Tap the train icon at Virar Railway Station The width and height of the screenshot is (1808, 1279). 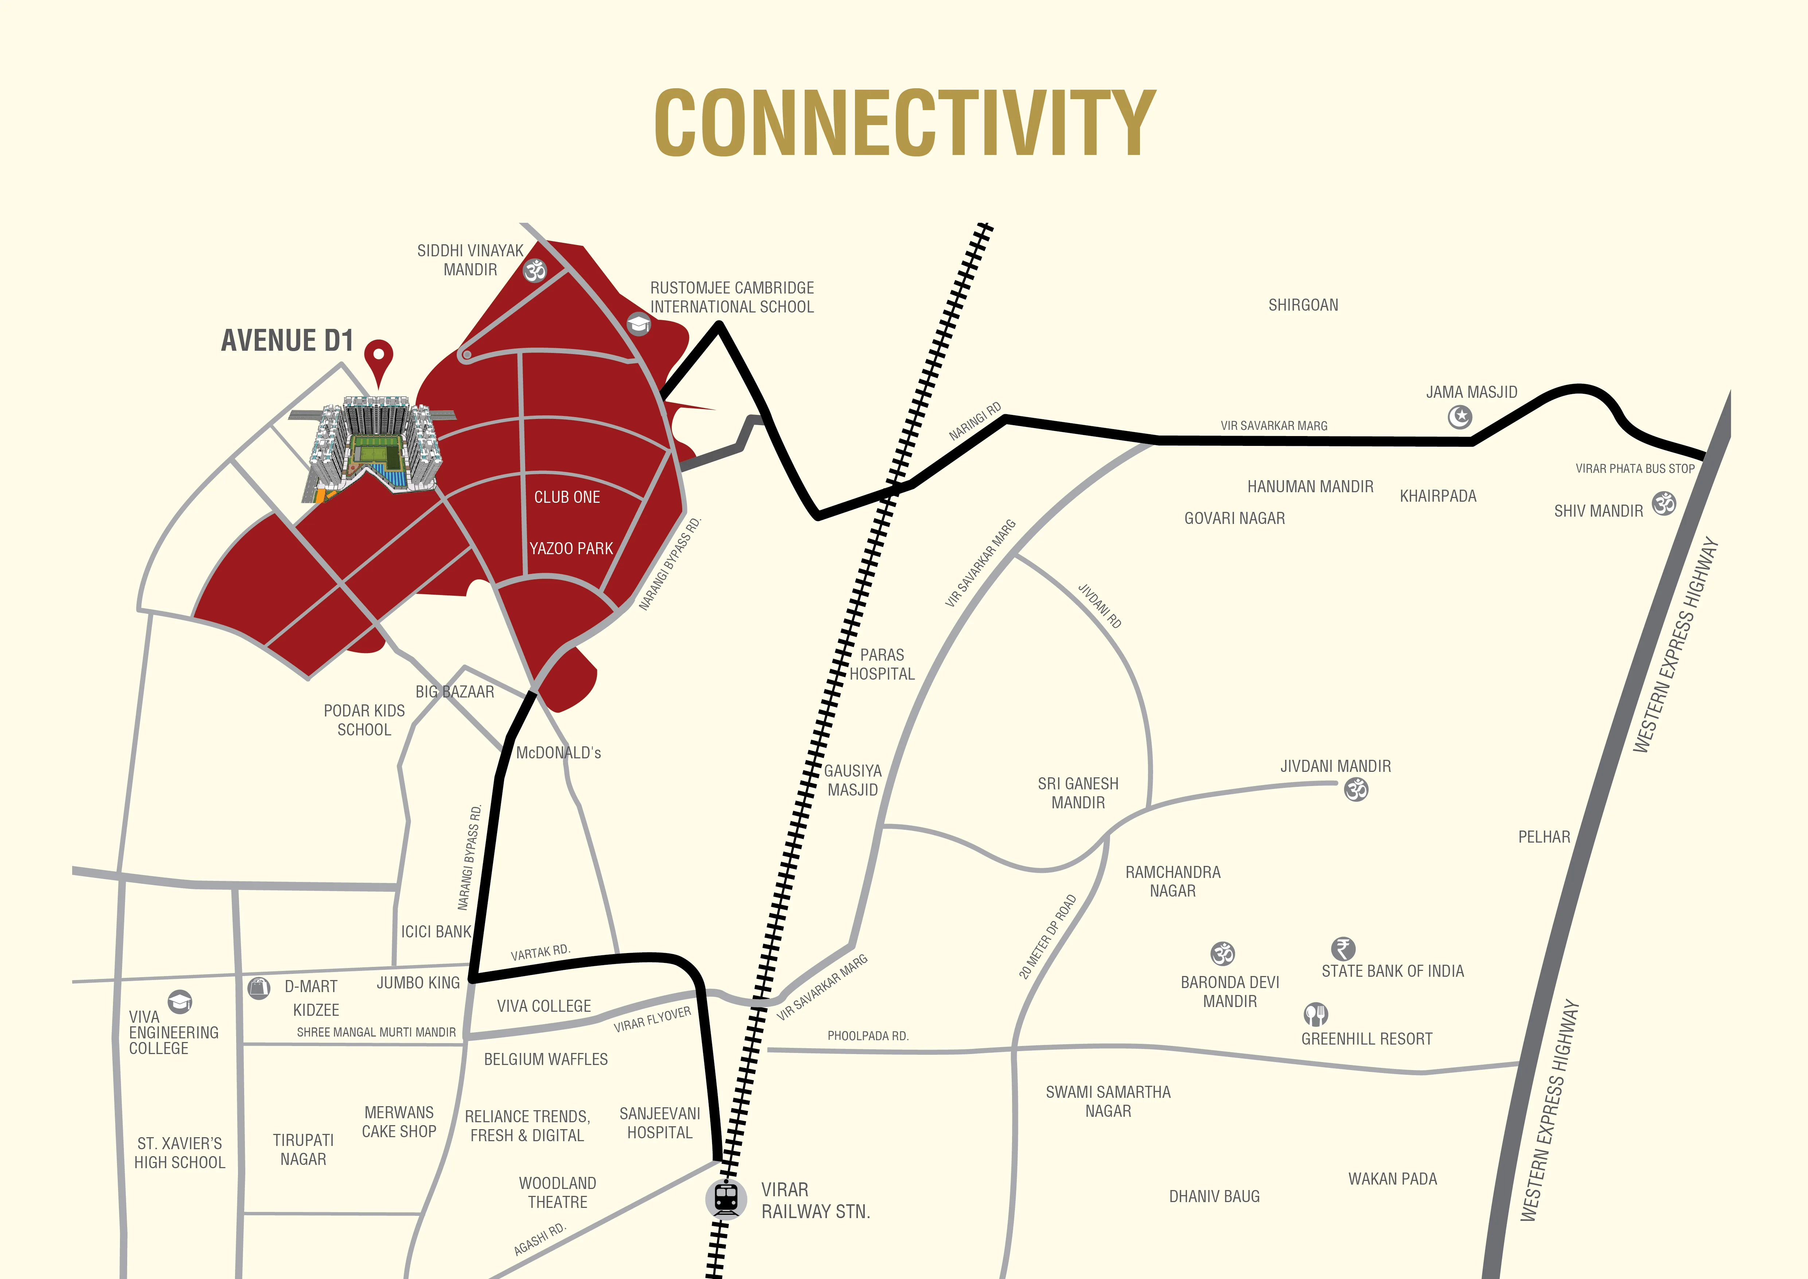[x=725, y=1198]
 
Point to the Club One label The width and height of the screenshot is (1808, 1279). [x=567, y=497]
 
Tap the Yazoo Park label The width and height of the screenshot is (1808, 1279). [x=571, y=548]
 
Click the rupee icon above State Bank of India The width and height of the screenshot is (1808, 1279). [x=1343, y=948]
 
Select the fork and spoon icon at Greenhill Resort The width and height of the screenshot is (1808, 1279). [x=1315, y=1014]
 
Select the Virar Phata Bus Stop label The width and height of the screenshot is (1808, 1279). [x=1635, y=469]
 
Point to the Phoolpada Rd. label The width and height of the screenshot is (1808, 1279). [x=868, y=1036]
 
